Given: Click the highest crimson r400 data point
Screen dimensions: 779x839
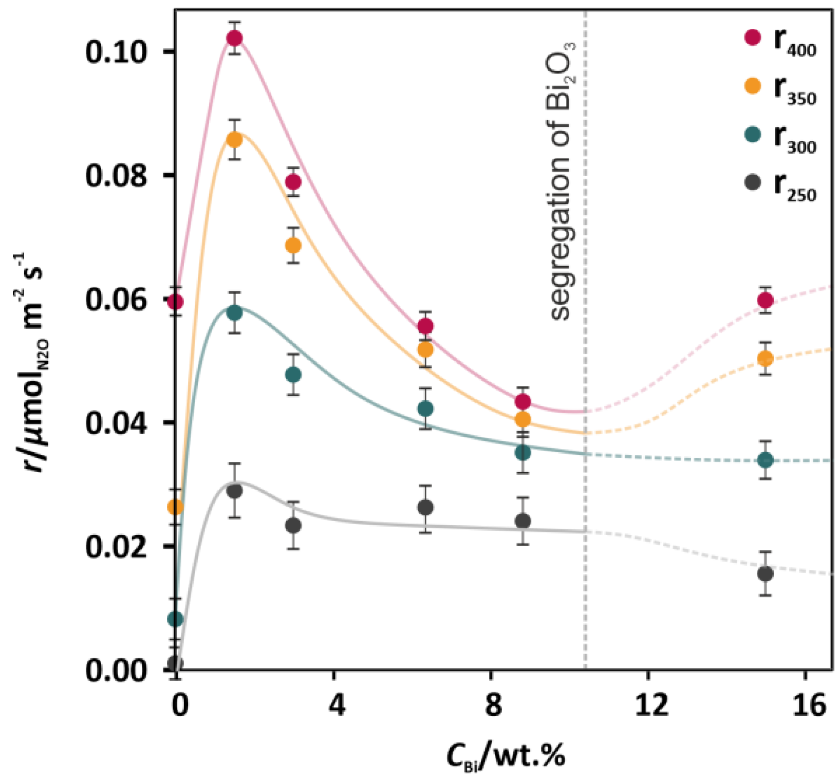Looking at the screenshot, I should click(235, 38).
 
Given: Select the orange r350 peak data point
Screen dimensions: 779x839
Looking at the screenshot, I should click(234, 140).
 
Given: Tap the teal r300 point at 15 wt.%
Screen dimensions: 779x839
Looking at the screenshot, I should click(766, 460).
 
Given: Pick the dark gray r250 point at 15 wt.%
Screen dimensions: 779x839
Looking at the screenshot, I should click(766, 573).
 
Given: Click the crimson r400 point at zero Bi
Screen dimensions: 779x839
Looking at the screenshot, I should click(176, 301).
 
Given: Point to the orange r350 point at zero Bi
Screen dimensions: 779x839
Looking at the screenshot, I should click(176, 507).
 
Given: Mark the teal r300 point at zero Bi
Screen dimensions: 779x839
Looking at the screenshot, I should click(176, 619).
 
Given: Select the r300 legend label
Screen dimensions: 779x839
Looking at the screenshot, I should click(794, 139).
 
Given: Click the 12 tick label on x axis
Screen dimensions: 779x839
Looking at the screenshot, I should click(651, 705).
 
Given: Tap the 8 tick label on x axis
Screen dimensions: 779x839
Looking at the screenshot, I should click(493, 705).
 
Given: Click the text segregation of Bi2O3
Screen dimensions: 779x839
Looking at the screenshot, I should click(561, 182).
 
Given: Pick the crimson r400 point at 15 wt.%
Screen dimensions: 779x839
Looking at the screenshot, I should click(766, 300).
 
